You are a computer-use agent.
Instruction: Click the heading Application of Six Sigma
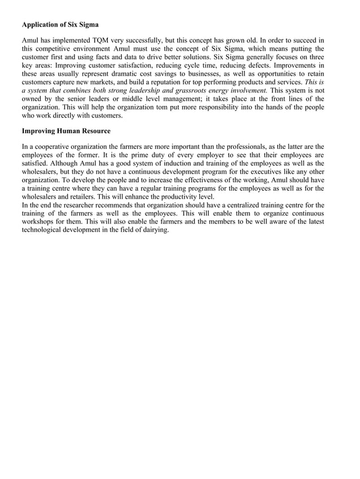click(60, 25)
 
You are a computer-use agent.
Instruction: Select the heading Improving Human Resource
click(66, 131)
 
